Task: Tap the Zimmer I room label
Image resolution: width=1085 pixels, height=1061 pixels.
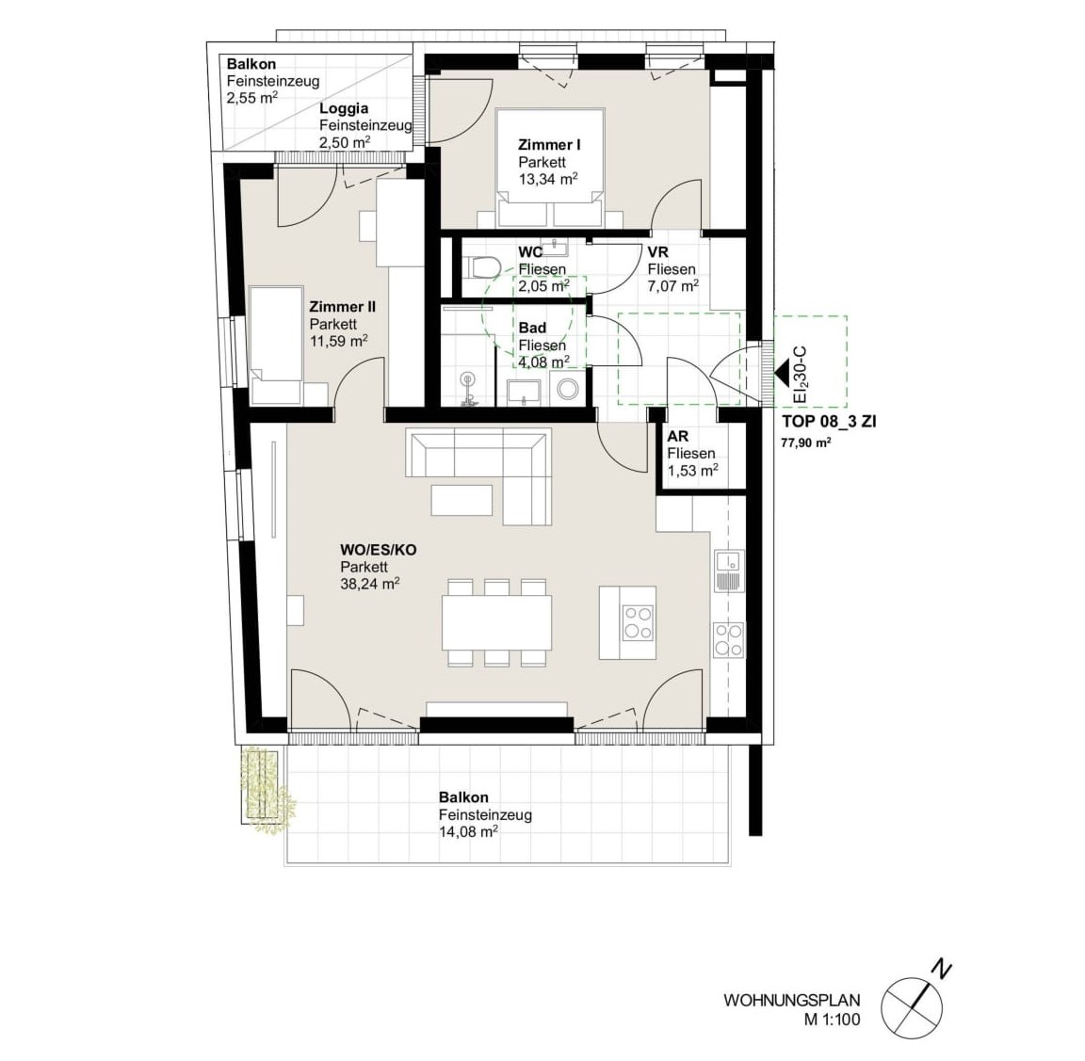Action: [x=549, y=145]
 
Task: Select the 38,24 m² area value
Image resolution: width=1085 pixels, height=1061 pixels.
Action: [x=370, y=583]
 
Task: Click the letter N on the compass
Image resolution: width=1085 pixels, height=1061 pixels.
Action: [x=940, y=969]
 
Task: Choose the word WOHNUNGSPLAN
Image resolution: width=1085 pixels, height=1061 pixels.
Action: [x=791, y=1000]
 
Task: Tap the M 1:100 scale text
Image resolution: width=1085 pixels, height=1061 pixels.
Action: [x=832, y=1019]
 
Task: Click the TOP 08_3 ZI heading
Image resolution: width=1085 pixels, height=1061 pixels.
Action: [x=829, y=421]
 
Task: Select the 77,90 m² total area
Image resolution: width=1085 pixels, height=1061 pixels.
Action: [x=806, y=442]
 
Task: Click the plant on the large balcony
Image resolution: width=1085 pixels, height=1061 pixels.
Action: [x=267, y=789]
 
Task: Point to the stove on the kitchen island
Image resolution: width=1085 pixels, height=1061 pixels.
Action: [x=638, y=622]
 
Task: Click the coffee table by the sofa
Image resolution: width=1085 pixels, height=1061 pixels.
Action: [x=462, y=500]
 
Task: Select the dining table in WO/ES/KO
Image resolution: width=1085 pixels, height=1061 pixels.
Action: [x=497, y=622]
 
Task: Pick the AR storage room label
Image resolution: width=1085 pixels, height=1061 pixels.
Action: [x=677, y=437]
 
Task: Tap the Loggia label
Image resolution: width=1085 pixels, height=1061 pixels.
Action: [x=344, y=108]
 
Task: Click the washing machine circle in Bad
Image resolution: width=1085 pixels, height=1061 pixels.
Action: [x=568, y=390]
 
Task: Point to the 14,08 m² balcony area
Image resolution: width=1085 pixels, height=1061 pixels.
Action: [x=469, y=831]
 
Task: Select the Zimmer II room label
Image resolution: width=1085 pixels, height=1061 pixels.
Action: [x=342, y=306]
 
